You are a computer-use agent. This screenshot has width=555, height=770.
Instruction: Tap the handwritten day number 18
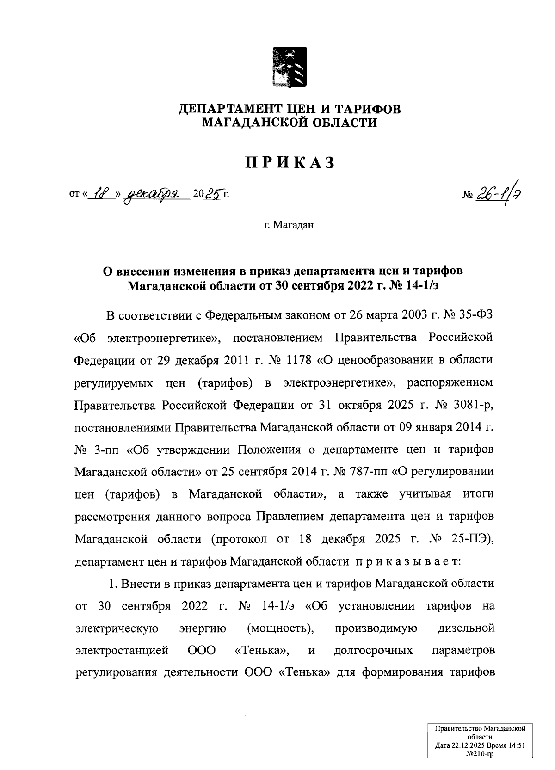click(x=101, y=195)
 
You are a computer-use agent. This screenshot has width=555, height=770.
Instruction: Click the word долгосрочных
click(x=373, y=651)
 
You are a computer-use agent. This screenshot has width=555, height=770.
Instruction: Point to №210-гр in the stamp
click(x=481, y=753)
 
